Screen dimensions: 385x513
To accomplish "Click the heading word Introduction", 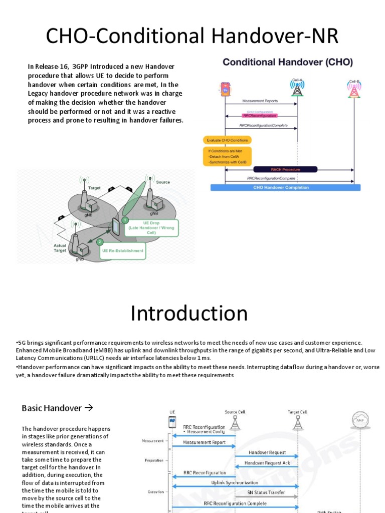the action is click(189, 314).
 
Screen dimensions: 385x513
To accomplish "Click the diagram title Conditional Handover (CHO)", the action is click(287, 63).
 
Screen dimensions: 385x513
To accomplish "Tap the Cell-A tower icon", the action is click(297, 88).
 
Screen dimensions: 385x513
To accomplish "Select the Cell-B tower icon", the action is click(354, 89).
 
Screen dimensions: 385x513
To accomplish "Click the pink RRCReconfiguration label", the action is click(259, 116).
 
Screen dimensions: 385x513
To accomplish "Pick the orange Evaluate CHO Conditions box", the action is click(227, 140).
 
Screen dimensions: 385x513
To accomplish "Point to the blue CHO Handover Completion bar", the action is click(286, 187).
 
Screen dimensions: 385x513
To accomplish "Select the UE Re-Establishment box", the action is click(123, 250).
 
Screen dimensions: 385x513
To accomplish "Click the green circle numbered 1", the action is click(126, 220).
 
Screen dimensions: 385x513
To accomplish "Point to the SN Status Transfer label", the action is click(266, 492).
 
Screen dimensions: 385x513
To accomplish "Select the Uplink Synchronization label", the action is click(235, 482).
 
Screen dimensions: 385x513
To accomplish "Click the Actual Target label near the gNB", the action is click(60, 248).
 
